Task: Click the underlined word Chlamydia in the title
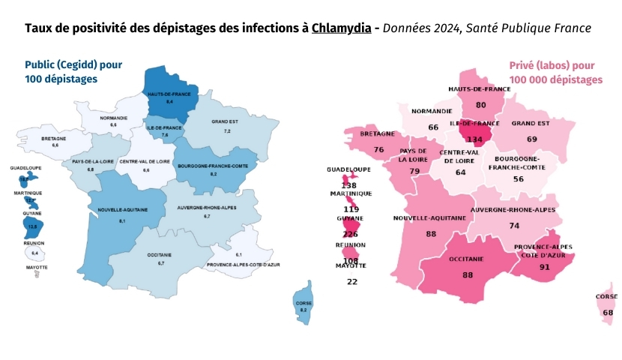click(x=341, y=28)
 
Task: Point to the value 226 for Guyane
click(x=350, y=234)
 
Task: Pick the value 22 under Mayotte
click(x=352, y=281)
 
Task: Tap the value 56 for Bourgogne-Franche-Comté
click(x=518, y=179)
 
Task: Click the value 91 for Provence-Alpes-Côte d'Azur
click(x=544, y=266)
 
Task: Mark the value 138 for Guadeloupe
click(x=349, y=184)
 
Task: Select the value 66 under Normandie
click(x=433, y=127)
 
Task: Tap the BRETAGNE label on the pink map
click(x=378, y=133)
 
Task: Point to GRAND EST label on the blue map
click(x=226, y=121)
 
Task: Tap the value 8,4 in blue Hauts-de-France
click(x=170, y=100)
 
